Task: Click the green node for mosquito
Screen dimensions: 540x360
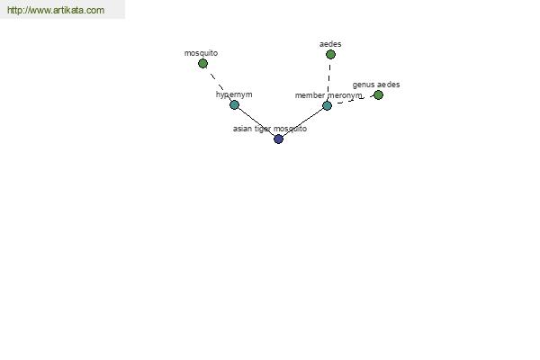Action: [202, 63]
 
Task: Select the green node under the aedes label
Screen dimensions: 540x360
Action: [330, 54]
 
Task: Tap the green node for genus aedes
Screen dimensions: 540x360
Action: [378, 95]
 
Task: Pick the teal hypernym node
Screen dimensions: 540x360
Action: [234, 104]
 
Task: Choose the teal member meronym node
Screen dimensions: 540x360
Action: [328, 105]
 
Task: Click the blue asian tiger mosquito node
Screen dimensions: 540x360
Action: [278, 139]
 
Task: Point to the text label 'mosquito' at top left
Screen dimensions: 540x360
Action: [201, 53]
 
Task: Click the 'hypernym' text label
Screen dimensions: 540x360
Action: [234, 94]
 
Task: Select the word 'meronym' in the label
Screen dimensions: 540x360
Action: [345, 95]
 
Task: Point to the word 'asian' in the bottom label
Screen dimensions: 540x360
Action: [242, 129]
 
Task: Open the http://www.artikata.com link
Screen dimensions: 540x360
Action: [56, 10]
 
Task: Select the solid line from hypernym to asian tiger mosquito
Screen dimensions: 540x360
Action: [256, 122]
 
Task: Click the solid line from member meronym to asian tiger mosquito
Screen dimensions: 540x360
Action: [302, 122]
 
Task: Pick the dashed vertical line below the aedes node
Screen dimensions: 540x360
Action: [328, 80]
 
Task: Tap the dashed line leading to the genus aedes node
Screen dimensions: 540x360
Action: [354, 100]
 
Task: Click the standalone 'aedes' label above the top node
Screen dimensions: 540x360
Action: [330, 44]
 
